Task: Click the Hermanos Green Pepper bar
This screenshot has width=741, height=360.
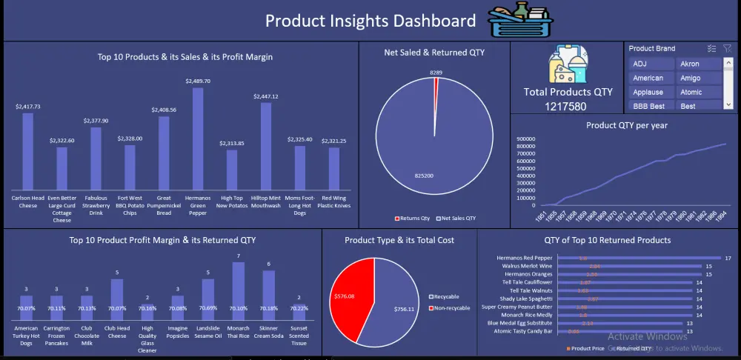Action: tap(198, 137)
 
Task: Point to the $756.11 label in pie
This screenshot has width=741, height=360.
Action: tap(405, 308)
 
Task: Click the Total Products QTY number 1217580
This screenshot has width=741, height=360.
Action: tap(568, 106)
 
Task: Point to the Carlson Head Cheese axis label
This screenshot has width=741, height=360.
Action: tap(27, 201)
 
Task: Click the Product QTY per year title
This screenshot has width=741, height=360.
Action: tap(625, 125)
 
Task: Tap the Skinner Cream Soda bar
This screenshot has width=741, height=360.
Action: tap(268, 296)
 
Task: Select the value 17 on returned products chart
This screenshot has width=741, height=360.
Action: tap(728, 259)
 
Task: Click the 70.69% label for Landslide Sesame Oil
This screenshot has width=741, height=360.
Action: tap(208, 307)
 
